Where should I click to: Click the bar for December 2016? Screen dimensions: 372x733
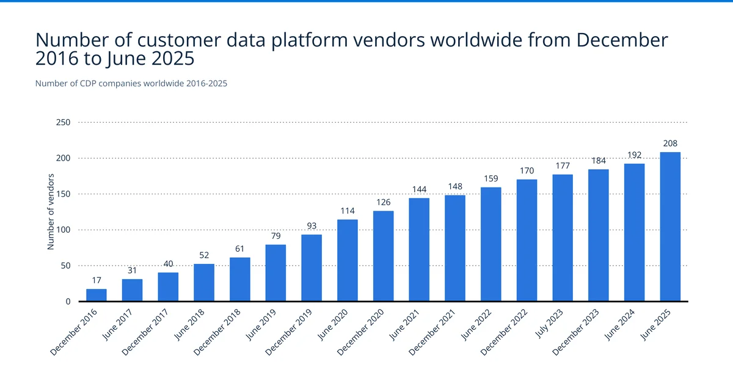(x=97, y=295)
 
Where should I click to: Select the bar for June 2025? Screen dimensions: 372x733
(x=670, y=227)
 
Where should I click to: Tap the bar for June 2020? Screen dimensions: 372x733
(x=348, y=260)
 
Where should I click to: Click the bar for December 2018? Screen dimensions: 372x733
(x=240, y=279)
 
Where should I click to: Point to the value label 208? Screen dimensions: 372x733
(x=670, y=143)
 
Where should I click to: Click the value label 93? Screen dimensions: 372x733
(x=312, y=225)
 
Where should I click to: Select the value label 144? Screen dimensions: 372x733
(x=419, y=189)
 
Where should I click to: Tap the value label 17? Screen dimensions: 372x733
(x=97, y=280)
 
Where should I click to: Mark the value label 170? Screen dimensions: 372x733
(x=527, y=170)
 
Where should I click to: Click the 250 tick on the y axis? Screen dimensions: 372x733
(x=64, y=123)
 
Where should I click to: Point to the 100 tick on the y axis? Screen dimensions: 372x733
(x=64, y=230)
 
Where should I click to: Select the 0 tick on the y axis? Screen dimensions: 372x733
(x=67, y=302)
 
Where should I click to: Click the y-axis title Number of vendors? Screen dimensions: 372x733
(x=51, y=212)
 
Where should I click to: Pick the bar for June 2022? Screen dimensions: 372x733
(x=490, y=244)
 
